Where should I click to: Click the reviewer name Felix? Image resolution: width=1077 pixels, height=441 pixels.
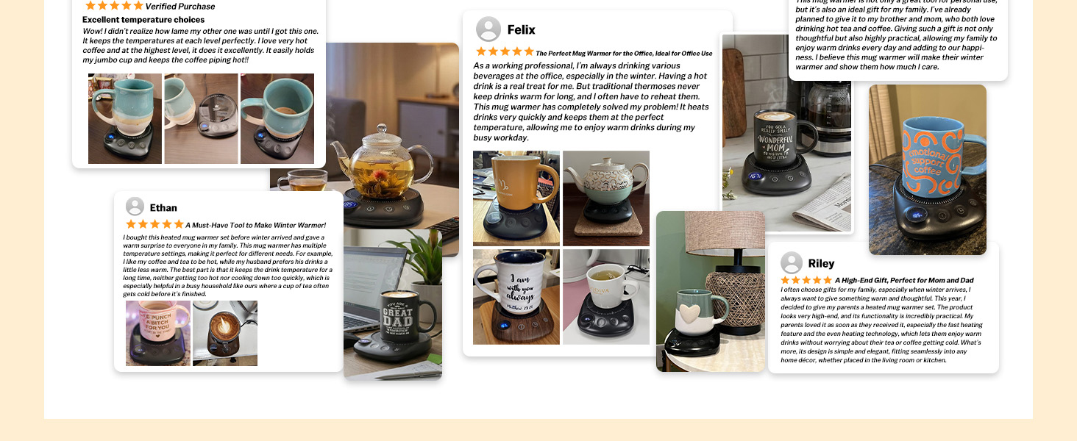click(x=521, y=30)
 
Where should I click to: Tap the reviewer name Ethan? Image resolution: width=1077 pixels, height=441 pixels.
click(x=163, y=207)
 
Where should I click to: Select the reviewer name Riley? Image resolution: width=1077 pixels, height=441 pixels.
click(x=821, y=263)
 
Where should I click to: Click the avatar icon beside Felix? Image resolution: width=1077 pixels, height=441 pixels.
click(x=488, y=29)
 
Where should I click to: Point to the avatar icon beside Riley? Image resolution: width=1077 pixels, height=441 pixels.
click(x=792, y=263)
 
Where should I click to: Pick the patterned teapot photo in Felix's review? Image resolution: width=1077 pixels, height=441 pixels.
click(x=605, y=198)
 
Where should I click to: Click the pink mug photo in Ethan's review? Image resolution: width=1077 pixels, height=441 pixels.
click(x=157, y=332)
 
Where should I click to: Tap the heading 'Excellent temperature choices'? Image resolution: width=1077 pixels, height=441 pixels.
click(x=143, y=20)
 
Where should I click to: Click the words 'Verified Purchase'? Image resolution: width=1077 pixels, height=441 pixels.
click(x=180, y=7)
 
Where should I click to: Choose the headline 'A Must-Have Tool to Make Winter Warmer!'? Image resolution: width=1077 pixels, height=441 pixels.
click(x=255, y=225)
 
